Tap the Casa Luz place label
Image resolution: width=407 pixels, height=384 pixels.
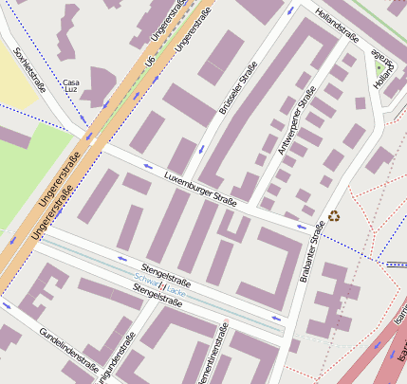(71, 87)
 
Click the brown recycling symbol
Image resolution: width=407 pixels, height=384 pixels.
(334, 216)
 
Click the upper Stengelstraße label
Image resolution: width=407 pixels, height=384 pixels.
(166, 275)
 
